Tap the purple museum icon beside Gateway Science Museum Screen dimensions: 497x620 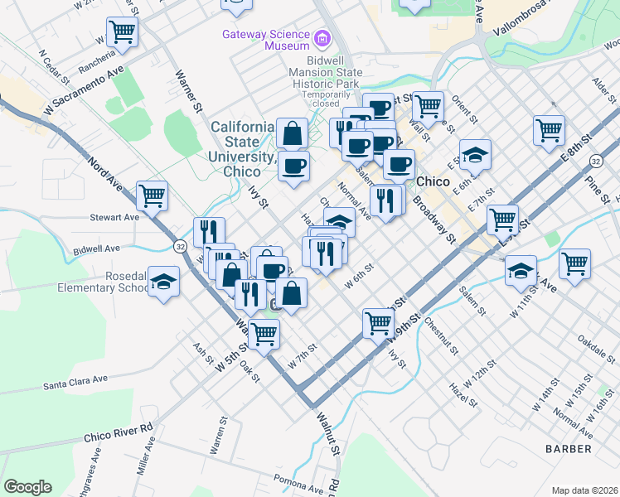pyautogui.click(x=321, y=38)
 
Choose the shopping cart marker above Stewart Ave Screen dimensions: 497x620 pyautogui.click(x=153, y=196)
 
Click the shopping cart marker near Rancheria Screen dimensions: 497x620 pyautogui.click(x=122, y=32)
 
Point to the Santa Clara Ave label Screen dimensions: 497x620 pyautogui.click(x=76, y=381)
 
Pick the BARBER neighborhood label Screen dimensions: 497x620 pyautogui.click(x=568, y=448)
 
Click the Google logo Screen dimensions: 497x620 pyautogui.click(x=27, y=486)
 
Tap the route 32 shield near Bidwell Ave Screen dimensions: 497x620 pyautogui.click(x=180, y=246)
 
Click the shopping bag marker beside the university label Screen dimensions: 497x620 pyautogui.click(x=293, y=133)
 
